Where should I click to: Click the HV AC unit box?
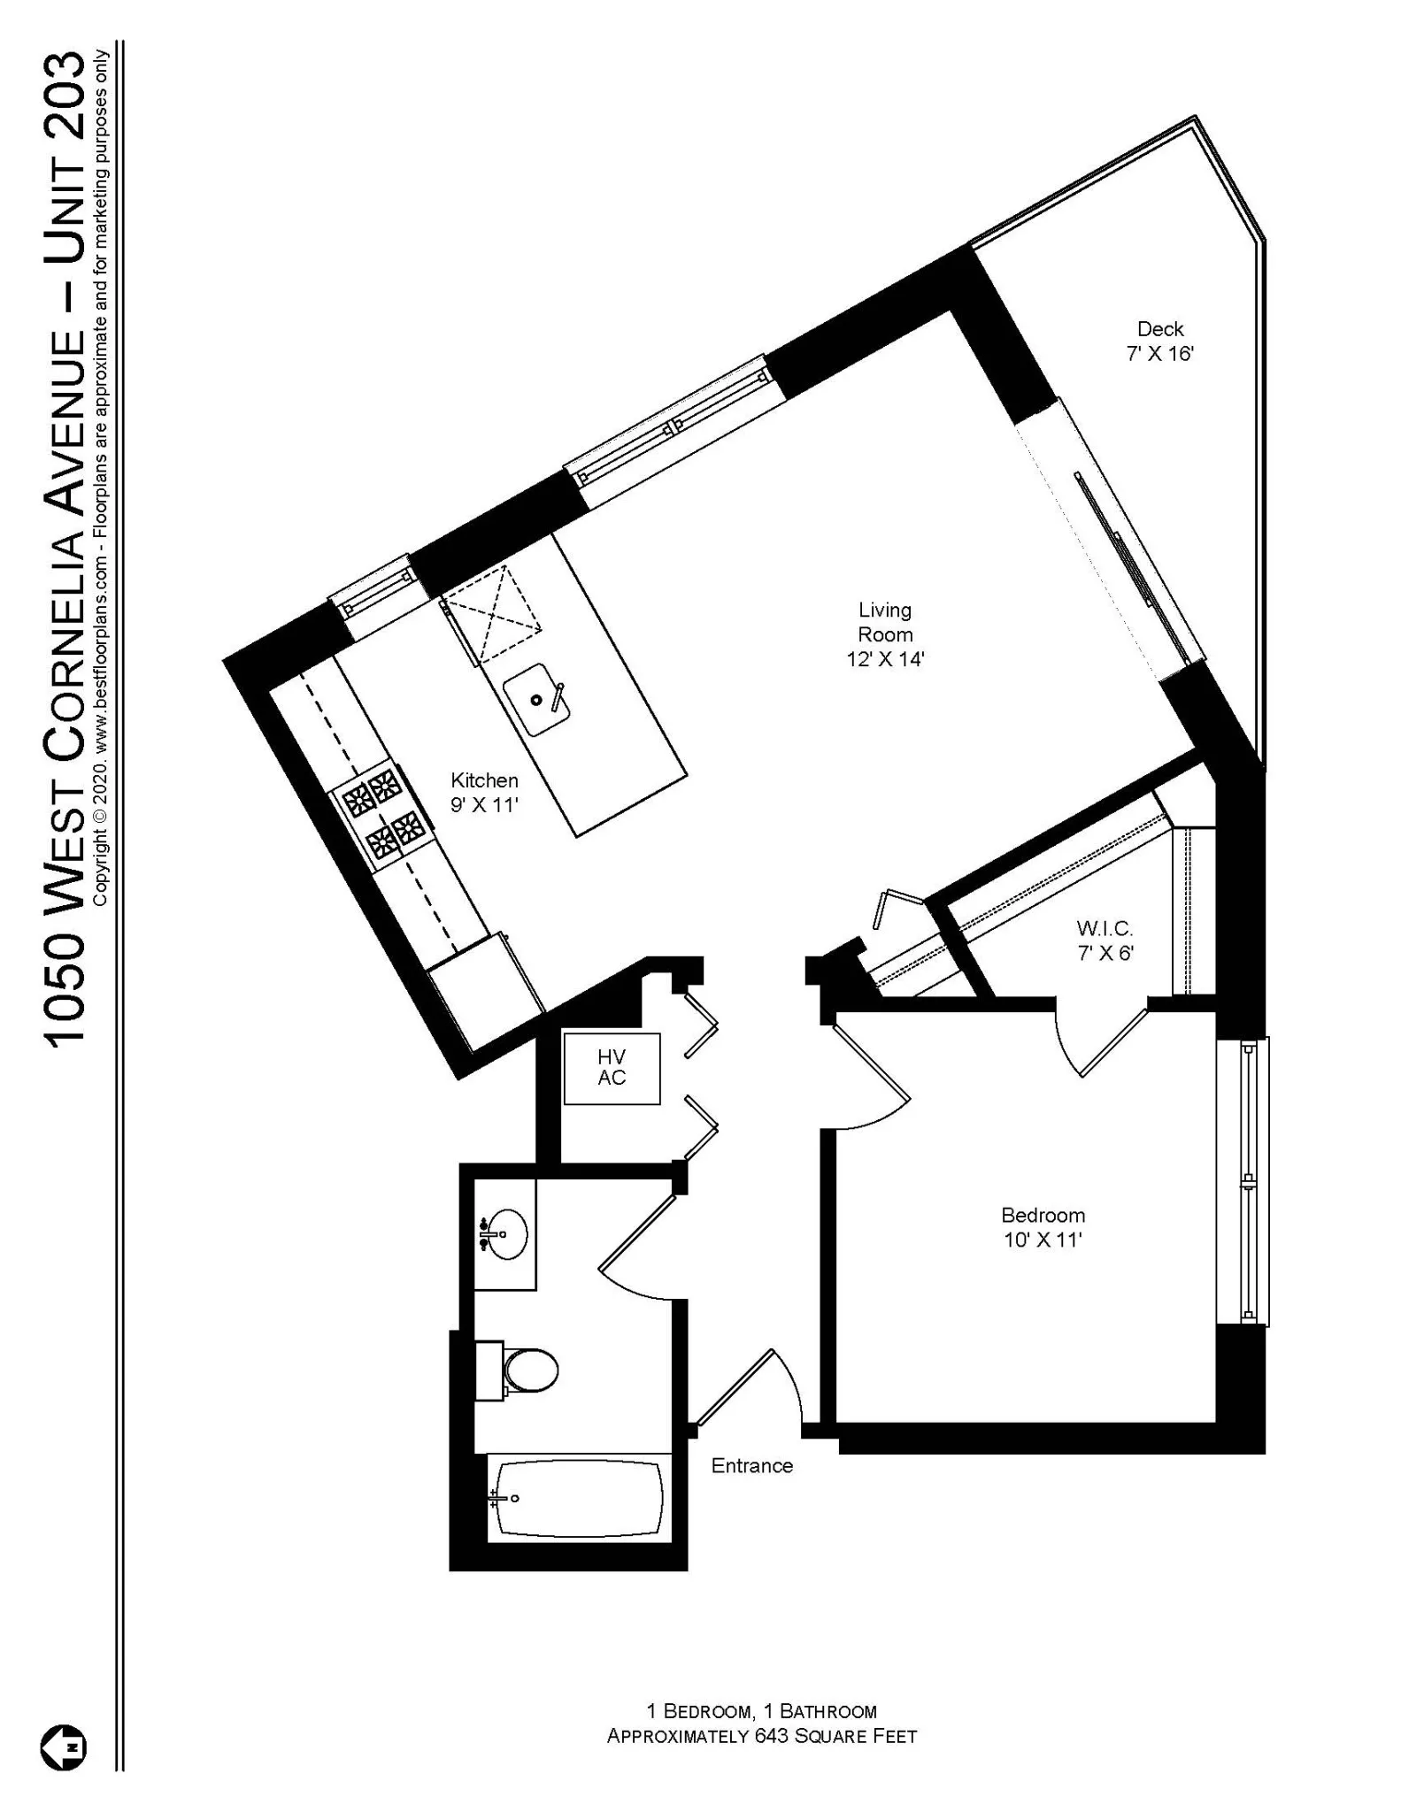(x=612, y=1068)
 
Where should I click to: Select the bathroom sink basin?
(x=504, y=1233)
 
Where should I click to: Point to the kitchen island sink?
(x=536, y=700)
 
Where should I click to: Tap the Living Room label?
(x=884, y=634)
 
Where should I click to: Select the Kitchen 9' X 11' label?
(x=484, y=792)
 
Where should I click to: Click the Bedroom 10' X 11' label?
(x=1043, y=1227)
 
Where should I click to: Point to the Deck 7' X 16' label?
(x=1159, y=341)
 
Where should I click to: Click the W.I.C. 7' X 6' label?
(x=1105, y=940)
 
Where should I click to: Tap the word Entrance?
(x=751, y=1466)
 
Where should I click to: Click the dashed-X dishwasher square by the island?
(x=492, y=614)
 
